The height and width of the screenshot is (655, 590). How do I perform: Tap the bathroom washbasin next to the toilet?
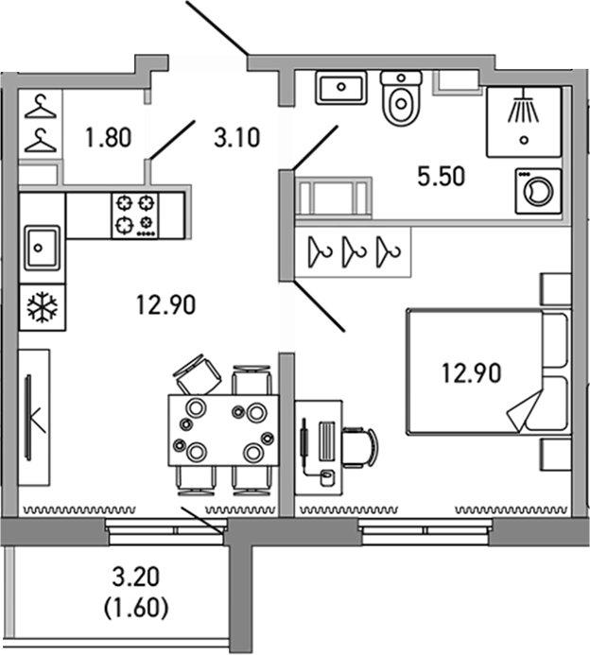click(340, 90)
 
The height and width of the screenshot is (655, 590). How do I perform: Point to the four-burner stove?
click(135, 214)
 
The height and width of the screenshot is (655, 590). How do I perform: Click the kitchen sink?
click(42, 248)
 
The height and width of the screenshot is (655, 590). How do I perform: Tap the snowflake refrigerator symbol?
click(42, 306)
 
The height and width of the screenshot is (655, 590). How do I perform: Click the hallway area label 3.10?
click(236, 140)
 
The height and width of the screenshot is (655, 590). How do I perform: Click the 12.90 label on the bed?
click(471, 371)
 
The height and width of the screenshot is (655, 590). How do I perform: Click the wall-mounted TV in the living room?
click(31, 417)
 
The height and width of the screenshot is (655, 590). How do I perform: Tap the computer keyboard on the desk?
click(326, 440)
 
